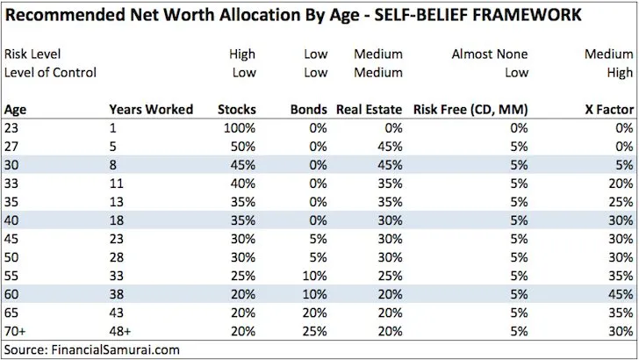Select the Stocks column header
[237, 109]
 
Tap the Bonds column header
[308, 109]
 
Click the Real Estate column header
[369, 109]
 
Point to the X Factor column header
[609, 109]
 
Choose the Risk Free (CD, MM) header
[470, 109]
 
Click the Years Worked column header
[151, 109]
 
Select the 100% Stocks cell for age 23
[240, 128]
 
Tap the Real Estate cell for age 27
[390, 147]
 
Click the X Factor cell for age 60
[621, 294]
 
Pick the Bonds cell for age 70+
[314, 331]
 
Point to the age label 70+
[15, 331]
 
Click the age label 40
[11, 220]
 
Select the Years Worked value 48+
[119, 331]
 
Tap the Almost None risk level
[490, 54]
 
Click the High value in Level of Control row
[620, 73]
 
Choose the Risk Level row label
[32, 54]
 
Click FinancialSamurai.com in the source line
[115, 349]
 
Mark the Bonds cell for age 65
[314, 313]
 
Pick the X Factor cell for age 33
[621, 184]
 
